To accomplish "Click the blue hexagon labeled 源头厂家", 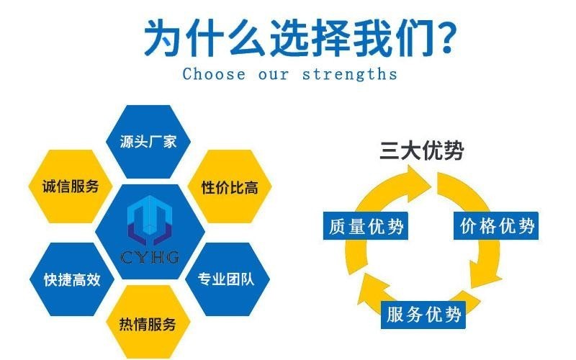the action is (x=148, y=142).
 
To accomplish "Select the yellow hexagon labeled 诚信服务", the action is (x=71, y=186).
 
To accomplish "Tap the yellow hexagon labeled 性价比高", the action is (x=230, y=186).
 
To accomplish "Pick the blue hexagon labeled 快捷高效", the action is (x=72, y=279).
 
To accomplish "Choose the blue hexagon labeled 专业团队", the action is (x=228, y=279).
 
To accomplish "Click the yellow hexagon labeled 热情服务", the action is (x=148, y=323).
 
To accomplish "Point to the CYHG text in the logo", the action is (x=150, y=257).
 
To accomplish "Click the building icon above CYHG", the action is (x=150, y=220).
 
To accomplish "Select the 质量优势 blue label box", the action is (x=366, y=226).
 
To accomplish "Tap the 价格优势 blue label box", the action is (x=496, y=226).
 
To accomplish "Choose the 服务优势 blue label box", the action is (x=423, y=315).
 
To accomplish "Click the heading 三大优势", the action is (x=421, y=150).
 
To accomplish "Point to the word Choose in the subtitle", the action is (x=214, y=74).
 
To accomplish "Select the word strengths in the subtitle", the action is (x=350, y=74).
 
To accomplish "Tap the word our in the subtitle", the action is (x=274, y=75).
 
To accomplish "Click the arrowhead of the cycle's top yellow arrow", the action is (x=417, y=183).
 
